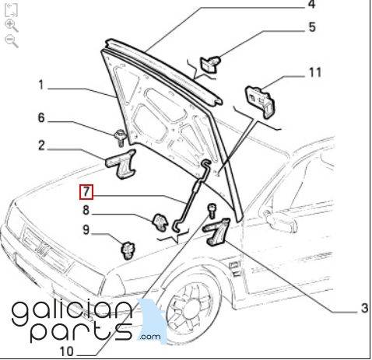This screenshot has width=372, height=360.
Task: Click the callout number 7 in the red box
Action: tap(86, 192)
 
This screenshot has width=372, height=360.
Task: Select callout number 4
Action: tap(311, 5)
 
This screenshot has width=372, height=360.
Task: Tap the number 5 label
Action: tap(312, 27)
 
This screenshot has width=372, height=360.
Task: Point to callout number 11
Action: tap(315, 72)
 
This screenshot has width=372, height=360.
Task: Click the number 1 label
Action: tap(41, 85)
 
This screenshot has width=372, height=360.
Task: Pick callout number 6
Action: tap(41, 117)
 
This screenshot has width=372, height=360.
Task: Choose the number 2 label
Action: tap(41, 145)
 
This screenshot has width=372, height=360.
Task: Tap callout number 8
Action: tap(86, 210)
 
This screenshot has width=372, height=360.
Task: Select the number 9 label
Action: tap(86, 229)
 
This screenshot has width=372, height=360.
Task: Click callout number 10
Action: tap(67, 351)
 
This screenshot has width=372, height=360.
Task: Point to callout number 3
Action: tap(364, 308)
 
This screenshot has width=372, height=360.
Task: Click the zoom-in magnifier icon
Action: tap(12, 26)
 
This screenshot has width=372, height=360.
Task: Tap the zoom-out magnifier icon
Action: tap(12, 42)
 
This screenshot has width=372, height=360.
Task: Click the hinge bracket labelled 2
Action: tap(121, 164)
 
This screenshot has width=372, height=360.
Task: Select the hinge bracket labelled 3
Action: tap(216, 232)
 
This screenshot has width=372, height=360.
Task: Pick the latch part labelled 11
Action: tap(260, 102)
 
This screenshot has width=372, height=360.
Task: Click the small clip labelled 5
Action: tap(210, 64)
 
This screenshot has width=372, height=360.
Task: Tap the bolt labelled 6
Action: tap(120, 138)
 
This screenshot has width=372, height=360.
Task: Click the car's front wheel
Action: tap(191, 309)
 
